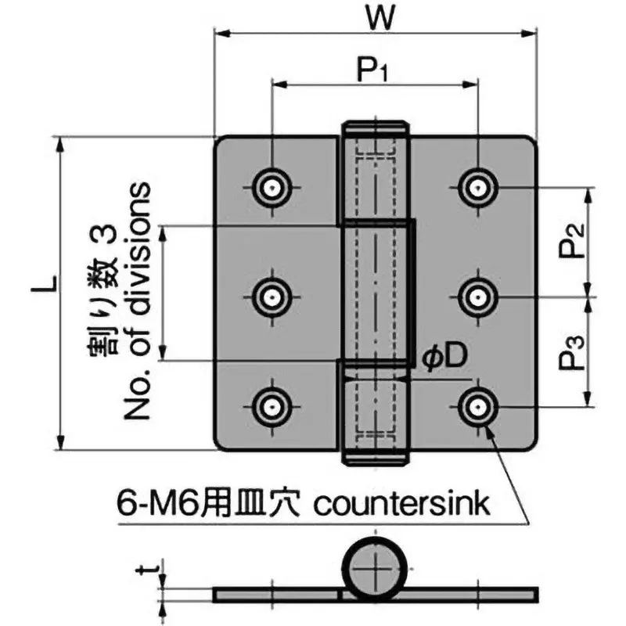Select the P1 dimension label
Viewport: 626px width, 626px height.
(x=375, y=72)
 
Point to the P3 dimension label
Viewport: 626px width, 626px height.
(x=574, y=352)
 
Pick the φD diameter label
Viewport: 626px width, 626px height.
(x=445, y=356)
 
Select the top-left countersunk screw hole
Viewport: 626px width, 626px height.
(x=272, y=187)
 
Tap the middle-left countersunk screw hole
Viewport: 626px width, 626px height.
(x=272, y=297)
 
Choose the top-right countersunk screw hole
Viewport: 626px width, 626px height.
(x=476, y=187)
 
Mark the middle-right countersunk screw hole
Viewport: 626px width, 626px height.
(x=476, y=297)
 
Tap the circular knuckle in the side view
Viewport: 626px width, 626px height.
(x=375, y=568)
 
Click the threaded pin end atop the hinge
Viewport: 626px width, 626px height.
(x=375, y=130)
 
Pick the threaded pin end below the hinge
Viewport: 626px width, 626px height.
(x=375, y=457)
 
